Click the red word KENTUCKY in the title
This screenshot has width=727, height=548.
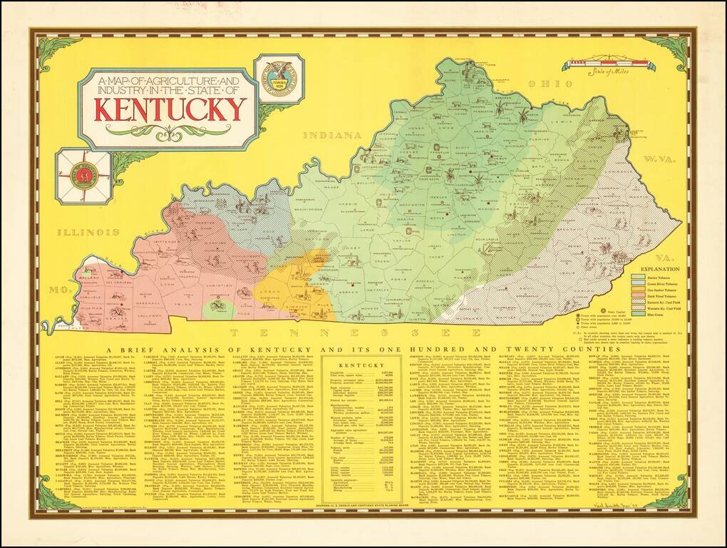pos(168,109)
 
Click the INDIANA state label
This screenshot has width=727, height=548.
pos(330,135)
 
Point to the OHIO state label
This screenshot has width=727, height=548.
pos(540,84)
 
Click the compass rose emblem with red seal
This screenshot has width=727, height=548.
pos(83,176)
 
